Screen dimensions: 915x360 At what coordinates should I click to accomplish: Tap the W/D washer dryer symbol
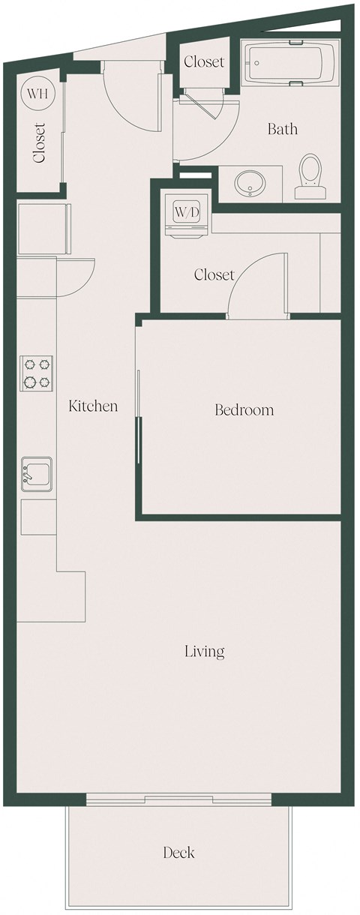pyautogui.click(x=187, y=212)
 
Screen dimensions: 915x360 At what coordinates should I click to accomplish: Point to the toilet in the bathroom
pyautogui.click(x=310, y=176)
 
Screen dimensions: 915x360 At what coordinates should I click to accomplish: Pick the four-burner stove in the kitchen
pyautogui.click(x=37, y=373)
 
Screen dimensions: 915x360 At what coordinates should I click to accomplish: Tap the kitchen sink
pyautogui.click(x=36, y=475)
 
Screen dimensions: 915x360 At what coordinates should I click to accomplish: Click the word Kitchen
pyautogui.click(x=93, y=406)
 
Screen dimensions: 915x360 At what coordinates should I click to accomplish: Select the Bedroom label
pyautogui.click(x=244, y=410)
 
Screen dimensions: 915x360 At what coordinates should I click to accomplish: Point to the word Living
pyautogui.click(x=205, y=651)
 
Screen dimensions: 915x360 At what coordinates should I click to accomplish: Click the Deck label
pyautogui.click(x=178, y=853)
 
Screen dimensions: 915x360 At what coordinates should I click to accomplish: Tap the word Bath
pyautogui.click(x=282, y=130)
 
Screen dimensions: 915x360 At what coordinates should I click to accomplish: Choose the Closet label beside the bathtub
pyautogui.click(x=203, y=62)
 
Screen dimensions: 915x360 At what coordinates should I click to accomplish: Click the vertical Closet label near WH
pyautogui.click(x=39, y=143)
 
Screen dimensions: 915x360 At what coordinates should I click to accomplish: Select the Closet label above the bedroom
pyautogui.click(x=214, y=275)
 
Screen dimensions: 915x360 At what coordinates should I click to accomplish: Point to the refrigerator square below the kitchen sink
pyautogui.click(x=37, y=517)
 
